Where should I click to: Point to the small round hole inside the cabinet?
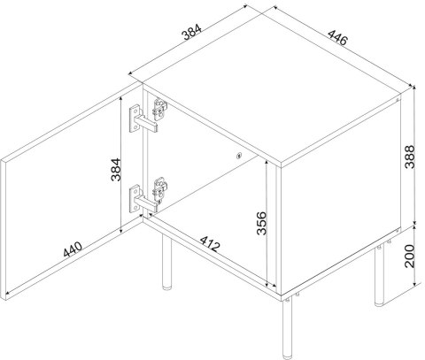[239, 157]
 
